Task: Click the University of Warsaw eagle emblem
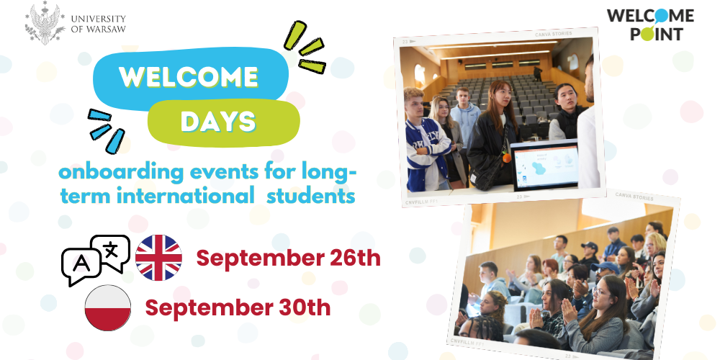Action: pyautogui.click(x=45, y=24)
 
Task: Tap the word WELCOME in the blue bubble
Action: pyautogui.click(x=189, y=77)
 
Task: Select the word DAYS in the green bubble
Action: pyautogui.click(x=217, y=121)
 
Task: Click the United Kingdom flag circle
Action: pyautogui.click(x=158, y=258)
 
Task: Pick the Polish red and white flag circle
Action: pyautogui.click(x=108, y=307)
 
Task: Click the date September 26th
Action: pyautogui.click(x=289, y=258)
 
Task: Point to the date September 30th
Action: pyautogui.click(x=238, y=307)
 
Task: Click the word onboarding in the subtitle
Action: pyautogui.click(x=119, y=174)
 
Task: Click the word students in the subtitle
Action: pyautogui.click(x=311, y=197)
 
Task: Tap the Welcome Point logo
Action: pyautogui.click(x=650, y=24)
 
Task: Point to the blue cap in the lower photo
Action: pyautogui.click(x=604, y=267)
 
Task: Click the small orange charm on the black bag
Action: pyautogui.click(x=506, y=158)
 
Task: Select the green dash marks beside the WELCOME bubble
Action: pyautogui.click(x=305, y=48)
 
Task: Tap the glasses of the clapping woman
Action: pyautogui.click(x=598, y=292)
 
